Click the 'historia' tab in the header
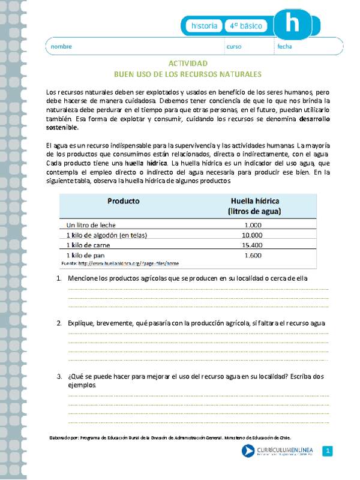point(204,26)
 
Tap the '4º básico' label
point(247,26)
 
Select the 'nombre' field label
point(61,47)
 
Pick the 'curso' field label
point(233,47)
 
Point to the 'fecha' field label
point(284,47)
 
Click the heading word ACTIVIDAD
point(187,64)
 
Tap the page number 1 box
point(328,451)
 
